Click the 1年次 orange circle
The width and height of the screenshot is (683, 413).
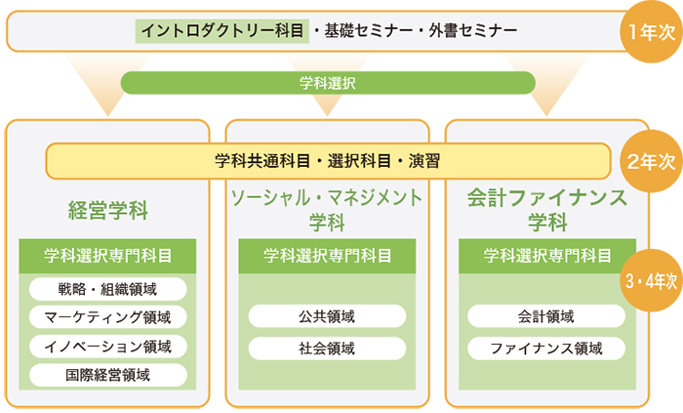point(651,31)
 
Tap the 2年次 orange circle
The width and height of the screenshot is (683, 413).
point(651,161)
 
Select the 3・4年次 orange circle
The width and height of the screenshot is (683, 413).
point(651,280)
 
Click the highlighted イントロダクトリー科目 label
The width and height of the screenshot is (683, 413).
point(222,31)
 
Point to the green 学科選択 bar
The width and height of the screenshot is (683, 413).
point(328,83)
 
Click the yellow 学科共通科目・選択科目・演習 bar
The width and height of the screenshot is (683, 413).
point(328,161)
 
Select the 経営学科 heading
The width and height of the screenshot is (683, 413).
point(108,211)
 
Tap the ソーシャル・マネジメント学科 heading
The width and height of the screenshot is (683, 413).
point(327,210)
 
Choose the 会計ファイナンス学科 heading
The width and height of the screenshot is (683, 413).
point(547,210)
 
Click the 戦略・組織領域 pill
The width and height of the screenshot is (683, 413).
point(108,289)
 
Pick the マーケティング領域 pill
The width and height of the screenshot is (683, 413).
point(108,317)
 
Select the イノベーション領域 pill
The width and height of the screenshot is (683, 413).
point(108,347)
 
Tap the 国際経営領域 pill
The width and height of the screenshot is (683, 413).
point(108,375)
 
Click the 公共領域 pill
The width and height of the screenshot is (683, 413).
point(327,316)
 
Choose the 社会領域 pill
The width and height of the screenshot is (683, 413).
point(327,349)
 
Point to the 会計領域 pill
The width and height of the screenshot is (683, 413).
point(546,316)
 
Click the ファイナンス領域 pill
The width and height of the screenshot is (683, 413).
point(546,349)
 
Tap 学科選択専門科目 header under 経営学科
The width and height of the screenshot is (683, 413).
point(107,256)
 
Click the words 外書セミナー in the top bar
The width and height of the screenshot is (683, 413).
point(473,31)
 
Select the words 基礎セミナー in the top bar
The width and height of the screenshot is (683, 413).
point(369,31)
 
